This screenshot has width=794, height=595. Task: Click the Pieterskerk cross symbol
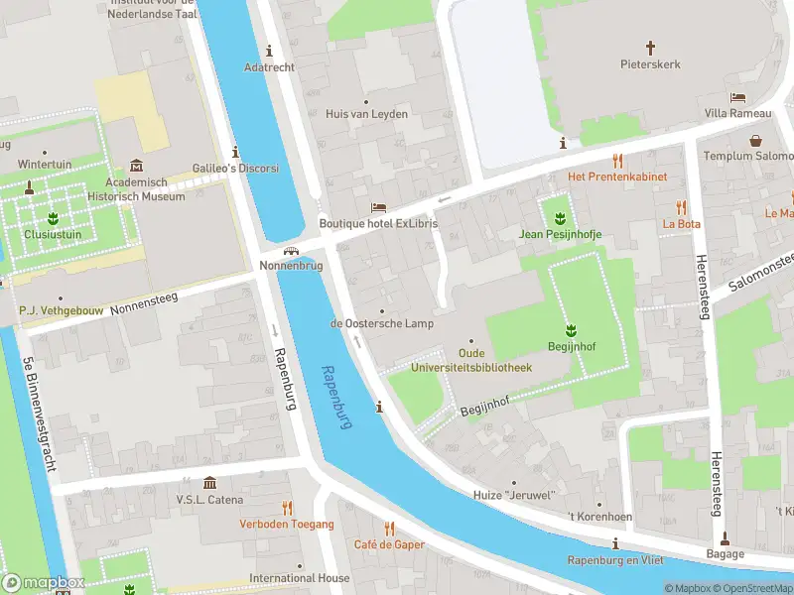651,47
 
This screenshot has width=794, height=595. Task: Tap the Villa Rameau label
737,113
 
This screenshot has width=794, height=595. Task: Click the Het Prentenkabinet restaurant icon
616,160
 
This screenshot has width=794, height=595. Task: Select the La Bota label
682,224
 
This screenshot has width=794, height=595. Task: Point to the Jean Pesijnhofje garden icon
560,217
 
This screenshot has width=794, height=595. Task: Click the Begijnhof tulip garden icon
571,329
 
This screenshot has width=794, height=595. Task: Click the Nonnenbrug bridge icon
291,251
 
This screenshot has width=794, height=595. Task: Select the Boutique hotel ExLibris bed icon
377,207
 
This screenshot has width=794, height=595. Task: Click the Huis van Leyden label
366,114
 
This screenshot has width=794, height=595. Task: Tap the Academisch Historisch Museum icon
136,166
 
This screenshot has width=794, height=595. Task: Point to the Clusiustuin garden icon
53,218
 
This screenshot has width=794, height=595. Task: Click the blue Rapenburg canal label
337,398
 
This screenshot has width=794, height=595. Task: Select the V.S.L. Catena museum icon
209,483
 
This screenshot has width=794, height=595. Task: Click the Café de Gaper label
389,544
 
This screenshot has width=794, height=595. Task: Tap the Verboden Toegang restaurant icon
287,508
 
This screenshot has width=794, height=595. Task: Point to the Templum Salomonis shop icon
756,141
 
